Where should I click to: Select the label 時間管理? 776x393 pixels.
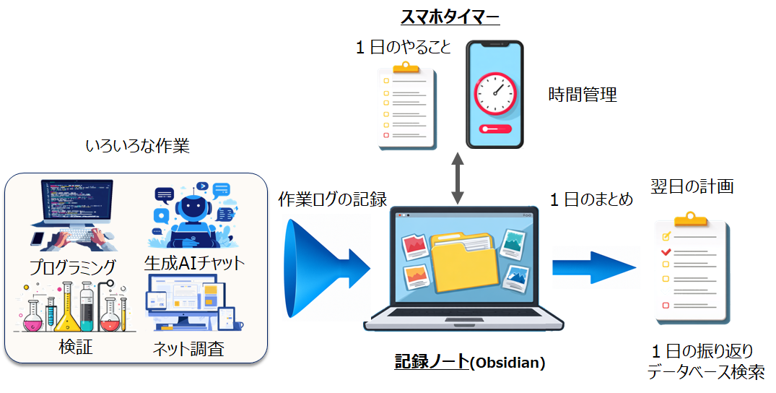click(x=583, y=95)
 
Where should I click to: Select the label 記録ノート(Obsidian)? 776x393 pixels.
click(x=469, y=363)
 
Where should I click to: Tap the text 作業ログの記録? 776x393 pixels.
click(x=333, y=199)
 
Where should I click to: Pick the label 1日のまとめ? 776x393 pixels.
click(x=591, y=199)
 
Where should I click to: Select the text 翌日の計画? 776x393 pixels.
click(x=692, y=186)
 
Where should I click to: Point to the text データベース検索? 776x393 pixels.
click(x=705, y=373)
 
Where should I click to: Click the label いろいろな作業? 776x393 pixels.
click(x=137, y=147)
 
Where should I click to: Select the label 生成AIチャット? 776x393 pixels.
click(x=194, y=262)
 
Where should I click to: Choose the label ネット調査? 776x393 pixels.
click(x=188, y=349)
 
